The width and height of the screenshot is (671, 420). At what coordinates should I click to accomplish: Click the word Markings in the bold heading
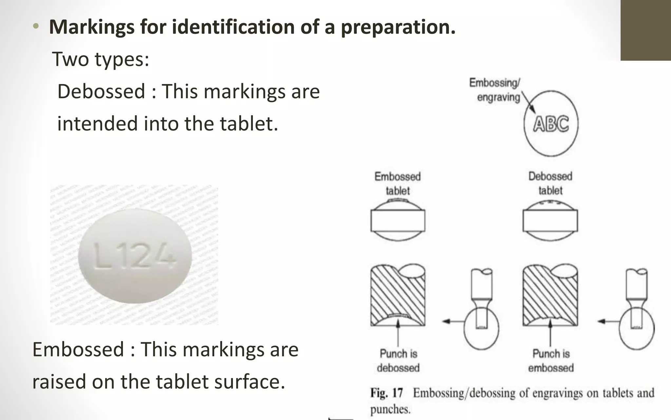coord(91,27)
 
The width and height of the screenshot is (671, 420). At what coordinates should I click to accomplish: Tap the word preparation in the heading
coord(398,27)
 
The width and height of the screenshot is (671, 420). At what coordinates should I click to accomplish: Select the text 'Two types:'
coord(101,59)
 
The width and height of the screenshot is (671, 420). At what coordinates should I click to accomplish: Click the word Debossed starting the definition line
coord(101,91)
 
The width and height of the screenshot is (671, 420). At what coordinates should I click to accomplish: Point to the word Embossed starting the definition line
coord(78,349)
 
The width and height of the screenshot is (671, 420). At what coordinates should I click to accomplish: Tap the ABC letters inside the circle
coord(551,124)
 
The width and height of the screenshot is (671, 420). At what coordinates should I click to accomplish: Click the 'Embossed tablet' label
coord(397,183)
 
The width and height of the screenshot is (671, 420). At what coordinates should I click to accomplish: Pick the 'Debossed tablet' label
coord(550,183)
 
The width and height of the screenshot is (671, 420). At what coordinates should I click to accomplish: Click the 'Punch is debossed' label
coord(398,361)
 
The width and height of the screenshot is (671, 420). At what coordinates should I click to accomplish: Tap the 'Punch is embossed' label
coord(551,361)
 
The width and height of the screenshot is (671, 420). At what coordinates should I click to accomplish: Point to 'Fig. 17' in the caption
coord(387,393)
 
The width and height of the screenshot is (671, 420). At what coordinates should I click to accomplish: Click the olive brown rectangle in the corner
coord(645,30)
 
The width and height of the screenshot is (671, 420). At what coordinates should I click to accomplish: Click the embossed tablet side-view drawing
coord(398,220)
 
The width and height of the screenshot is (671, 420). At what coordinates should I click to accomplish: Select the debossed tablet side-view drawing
coord(550,220)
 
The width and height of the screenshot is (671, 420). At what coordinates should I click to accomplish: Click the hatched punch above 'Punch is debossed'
coord(398,295)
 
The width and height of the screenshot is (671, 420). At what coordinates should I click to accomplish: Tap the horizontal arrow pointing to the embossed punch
coord(608,322)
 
